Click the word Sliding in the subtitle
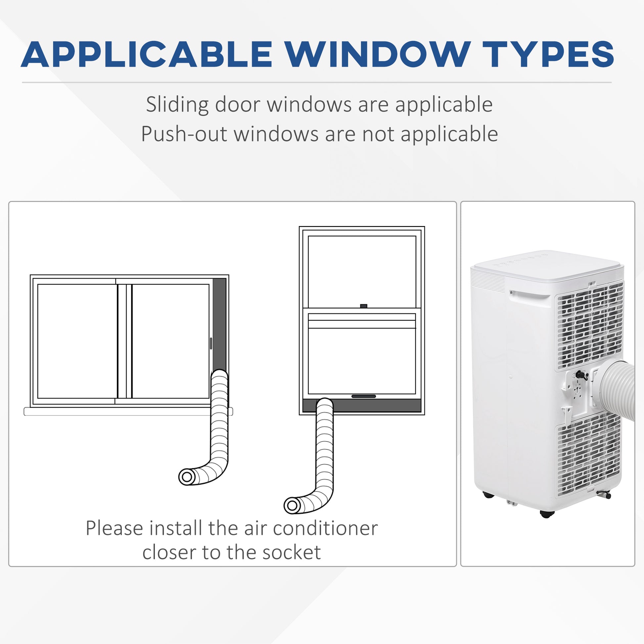coord(177,104)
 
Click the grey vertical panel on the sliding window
coord(219,323)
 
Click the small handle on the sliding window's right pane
coord(211,343)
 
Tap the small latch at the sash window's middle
coord(364,306)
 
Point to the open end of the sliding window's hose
coord(187,477)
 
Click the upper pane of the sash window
coord(362,271)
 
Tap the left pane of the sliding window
coord(77,341)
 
